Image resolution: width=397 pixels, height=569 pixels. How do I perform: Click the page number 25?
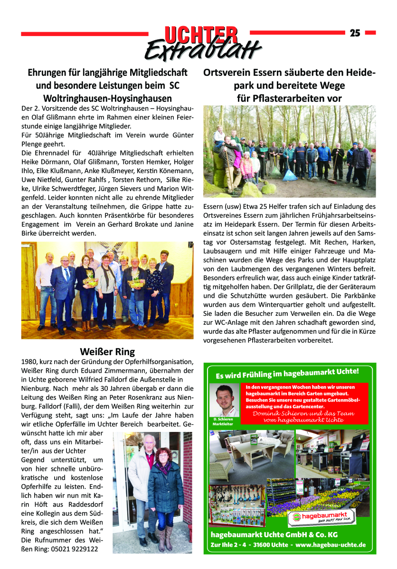tap(355, 33)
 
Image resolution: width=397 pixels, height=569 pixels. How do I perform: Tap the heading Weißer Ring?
tap(107, 351)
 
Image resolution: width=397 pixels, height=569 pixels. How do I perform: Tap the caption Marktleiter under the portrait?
tap(223, 424)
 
